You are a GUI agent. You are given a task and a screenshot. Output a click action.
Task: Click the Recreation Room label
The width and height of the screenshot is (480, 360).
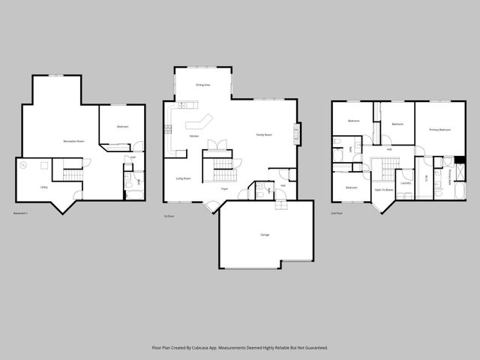point(73,141)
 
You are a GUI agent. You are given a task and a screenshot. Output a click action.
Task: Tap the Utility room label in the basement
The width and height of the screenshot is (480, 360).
point(45,187)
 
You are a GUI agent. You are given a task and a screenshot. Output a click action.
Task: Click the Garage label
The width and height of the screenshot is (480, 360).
point(265,235)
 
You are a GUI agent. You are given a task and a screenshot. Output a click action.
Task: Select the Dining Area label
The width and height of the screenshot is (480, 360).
point(202,85)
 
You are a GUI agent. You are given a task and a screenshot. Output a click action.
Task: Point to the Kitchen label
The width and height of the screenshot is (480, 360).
point(193,136)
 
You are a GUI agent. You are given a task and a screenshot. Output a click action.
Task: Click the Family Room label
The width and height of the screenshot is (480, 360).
point(264,135)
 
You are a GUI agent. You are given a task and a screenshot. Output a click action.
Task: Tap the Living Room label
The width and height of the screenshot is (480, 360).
point(183,178)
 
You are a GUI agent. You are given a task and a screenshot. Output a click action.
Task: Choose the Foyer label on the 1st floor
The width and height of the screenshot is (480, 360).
point(224,189)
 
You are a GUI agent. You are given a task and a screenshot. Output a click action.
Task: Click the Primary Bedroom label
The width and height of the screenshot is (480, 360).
point(439,130)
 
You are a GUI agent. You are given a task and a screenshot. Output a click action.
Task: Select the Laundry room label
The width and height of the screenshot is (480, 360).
point(406,182)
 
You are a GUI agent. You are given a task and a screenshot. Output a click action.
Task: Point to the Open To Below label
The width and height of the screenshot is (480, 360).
point(384,190)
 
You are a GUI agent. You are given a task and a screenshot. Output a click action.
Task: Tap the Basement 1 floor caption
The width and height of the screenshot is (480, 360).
point(22,214)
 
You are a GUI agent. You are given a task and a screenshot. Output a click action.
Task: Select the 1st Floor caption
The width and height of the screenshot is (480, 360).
point(169,216)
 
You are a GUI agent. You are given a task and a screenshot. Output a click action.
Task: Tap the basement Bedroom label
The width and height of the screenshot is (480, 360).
point(122,127)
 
